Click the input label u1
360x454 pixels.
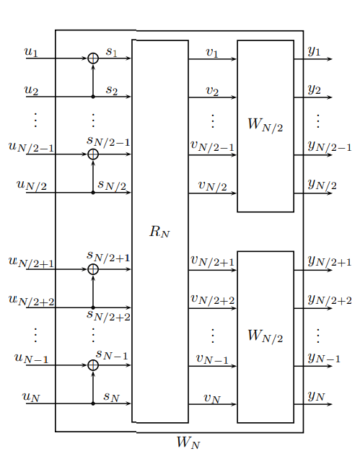tap(31, 52)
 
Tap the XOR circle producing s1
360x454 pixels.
tap(93, 58)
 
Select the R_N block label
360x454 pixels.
tap(159, 232)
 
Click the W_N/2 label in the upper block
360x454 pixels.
tap(265, 125)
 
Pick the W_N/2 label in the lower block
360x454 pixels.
tap(265, 336)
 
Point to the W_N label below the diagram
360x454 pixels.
tap(188, 442)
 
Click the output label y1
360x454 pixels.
tap(315, 51)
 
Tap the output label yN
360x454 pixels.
tap(316, 396)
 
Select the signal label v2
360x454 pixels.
tap(212, 91)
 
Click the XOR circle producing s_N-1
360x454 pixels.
tap(93, 365)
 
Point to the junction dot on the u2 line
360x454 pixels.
tap(93, 97)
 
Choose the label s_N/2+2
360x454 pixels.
tap(108, 316)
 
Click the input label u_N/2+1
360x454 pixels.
tap(31, 262)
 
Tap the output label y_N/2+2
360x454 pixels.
tap(330, 300)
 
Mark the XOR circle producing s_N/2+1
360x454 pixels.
tap(93, 269)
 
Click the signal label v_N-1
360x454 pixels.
tap(212, 359)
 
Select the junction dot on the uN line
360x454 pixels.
tap(93, 403)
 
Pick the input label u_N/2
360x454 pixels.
tap(32, 185)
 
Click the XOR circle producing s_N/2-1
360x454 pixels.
tap(93, 154)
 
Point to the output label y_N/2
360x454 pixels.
tap(322, 185)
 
